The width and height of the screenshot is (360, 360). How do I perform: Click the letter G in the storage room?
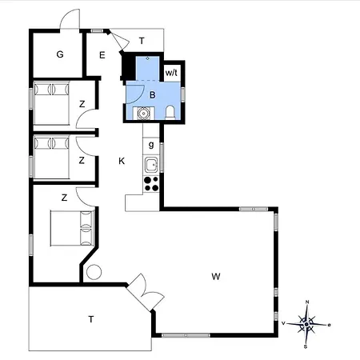pyautogui.click(x=60, y=54)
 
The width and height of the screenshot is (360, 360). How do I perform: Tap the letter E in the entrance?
pyautogui.click(x=102, y=55)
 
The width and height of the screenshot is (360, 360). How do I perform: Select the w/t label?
pyautogui.click(x=171, y=73)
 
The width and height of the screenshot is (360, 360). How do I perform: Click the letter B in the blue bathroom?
pyautogui.click(x=153, y=95)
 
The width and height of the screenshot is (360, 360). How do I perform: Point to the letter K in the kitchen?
pyautogui.click(x=122, y=161)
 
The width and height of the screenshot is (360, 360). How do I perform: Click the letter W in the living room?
pyautogui.click(x=216, y=277)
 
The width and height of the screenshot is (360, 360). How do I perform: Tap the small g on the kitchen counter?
pyautogui.click(x=151, y=145)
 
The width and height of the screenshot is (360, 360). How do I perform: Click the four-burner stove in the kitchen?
pyautogui.click(x=151, y=184)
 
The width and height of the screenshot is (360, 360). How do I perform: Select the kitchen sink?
pyautogui.click(x=151, y=164)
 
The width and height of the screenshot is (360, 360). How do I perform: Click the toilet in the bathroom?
pyautogui.click(x=170, y=113)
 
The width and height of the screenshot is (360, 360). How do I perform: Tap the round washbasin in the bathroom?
pyautogui.click(x=144, y=114)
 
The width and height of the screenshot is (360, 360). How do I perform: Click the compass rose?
pyautogui.click(x=306, y=324)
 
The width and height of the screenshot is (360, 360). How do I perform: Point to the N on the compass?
pyautogui.click(x=307, y=302)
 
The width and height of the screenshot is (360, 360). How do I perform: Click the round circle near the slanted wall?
pyautogui.click(x=94, y=272)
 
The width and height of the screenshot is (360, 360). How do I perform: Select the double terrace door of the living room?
pyautogui.click(x=146, y=293)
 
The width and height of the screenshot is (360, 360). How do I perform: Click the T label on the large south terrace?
pyautogui.click(x=91, y=319)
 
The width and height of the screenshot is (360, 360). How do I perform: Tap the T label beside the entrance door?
pyautogui.click(x=142, y=41)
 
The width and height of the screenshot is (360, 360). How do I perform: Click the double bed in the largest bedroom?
pyautogui.click(x=72, y=228)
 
